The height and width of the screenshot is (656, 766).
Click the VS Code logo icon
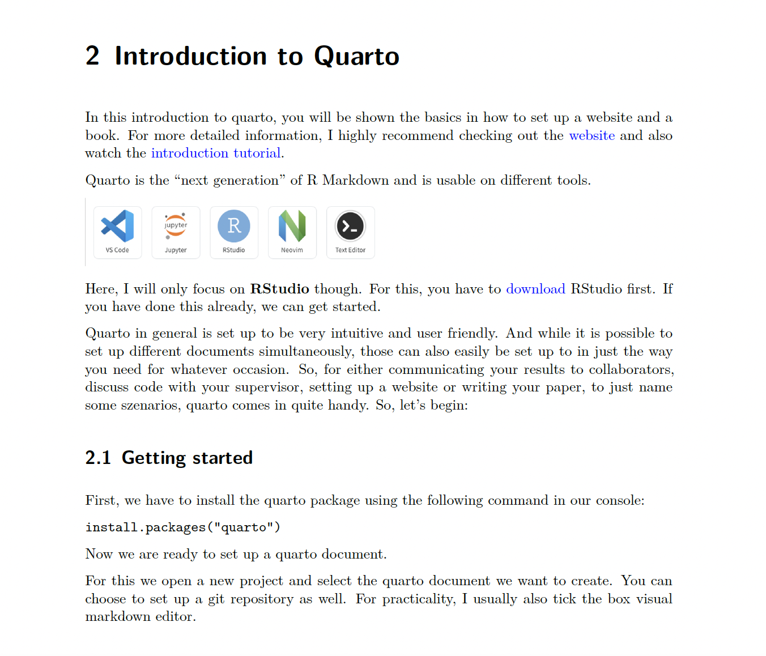[x=117, y=226]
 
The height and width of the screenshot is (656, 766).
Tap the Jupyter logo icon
[x=176, y=225]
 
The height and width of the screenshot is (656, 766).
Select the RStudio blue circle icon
[x=234, y=225]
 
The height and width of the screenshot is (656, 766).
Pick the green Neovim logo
[x=292, y=225]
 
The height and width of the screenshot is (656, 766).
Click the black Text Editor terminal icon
[x=350, y=226]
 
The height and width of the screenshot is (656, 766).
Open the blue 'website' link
[x=591, y=135]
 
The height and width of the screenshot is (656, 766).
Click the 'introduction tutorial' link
[x=216, y=153]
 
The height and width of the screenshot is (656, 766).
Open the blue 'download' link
[x=535, y=289]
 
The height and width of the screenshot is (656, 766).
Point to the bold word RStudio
[x=280, y=289]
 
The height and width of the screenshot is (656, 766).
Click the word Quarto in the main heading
[x=356, y=56]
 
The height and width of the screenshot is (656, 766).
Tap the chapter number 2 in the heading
[x=92, y=56]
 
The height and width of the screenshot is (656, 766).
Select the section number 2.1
[x=98, y=458]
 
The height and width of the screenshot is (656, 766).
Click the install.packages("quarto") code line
[x=183, y=527]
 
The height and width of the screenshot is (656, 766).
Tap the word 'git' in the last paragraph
[x=216, y=599]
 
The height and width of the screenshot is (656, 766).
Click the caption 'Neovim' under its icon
[x=292, y=250]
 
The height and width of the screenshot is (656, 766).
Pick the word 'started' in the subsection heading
[x=222, y=458]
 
